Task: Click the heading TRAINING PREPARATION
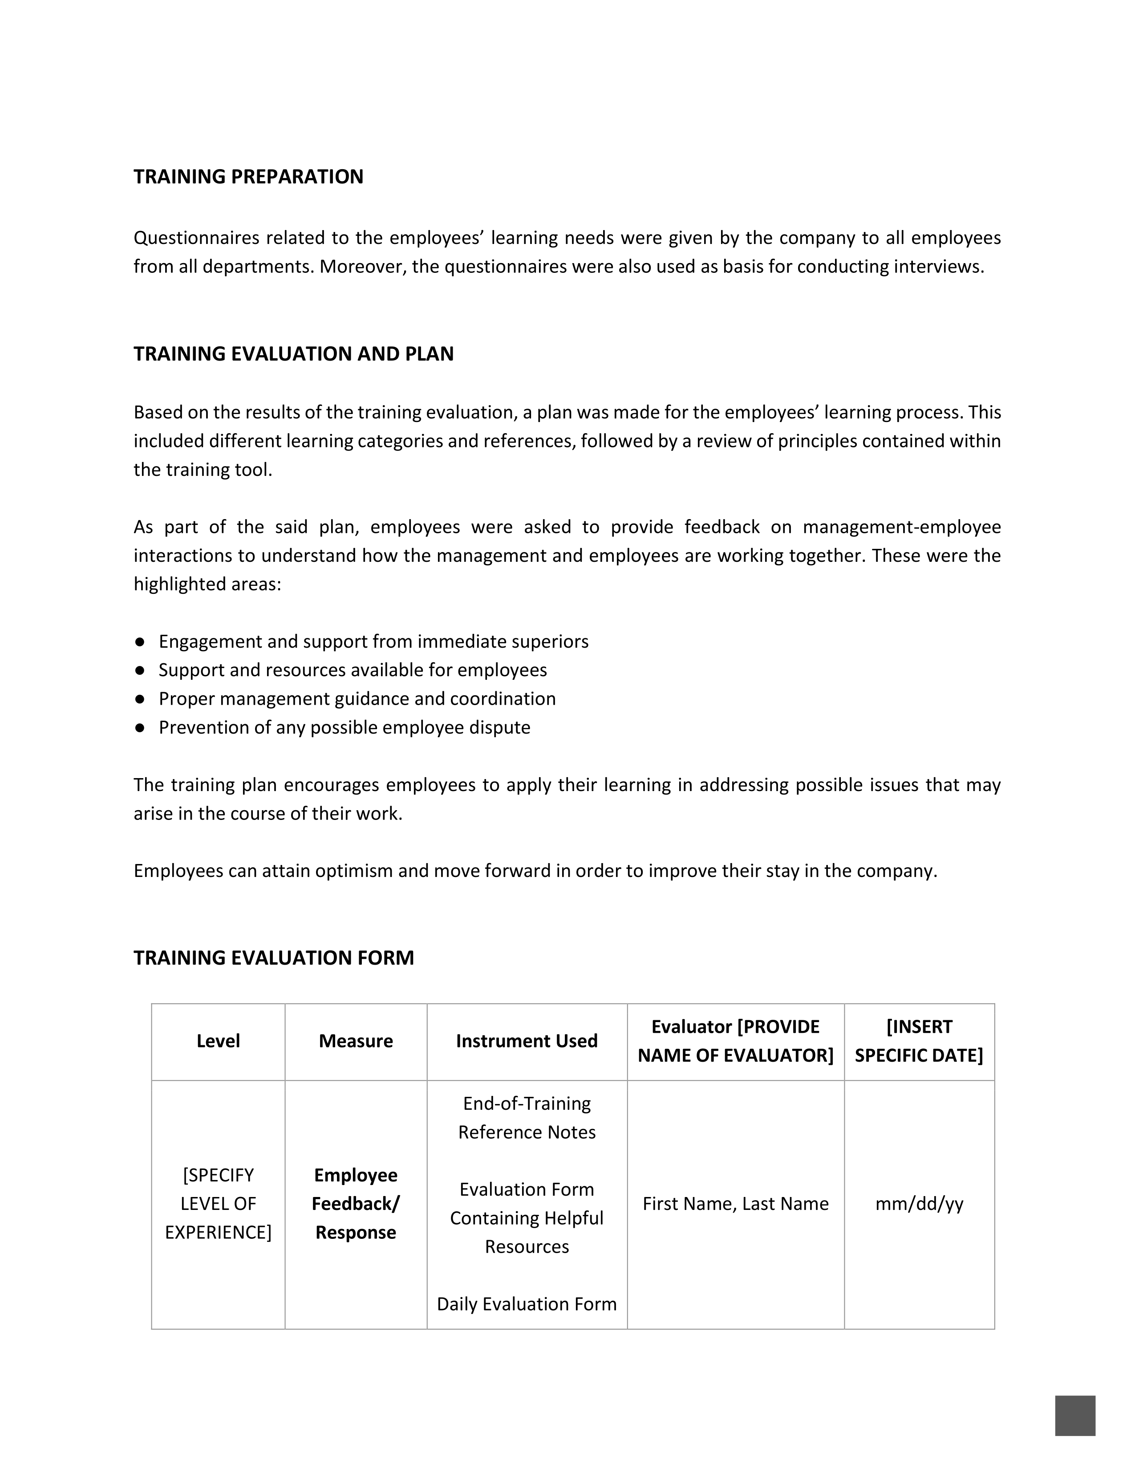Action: pos(248,177)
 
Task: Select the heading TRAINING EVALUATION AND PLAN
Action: pos(293,354)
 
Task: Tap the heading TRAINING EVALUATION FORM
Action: pos(274,958)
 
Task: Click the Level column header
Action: pos(218,1041)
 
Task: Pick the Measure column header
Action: pos(356,1041)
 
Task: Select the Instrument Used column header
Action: pos(527,1041)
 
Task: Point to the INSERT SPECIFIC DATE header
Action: pos(919,1041)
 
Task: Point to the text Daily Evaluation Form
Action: pos(527,1304)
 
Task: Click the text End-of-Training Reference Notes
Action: pos(527,1118)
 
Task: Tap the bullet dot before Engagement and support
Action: pos(140,641)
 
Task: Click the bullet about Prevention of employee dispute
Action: pos(344,728)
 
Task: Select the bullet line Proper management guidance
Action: pos(357,699)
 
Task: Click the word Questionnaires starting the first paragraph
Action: pos(195,238)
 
